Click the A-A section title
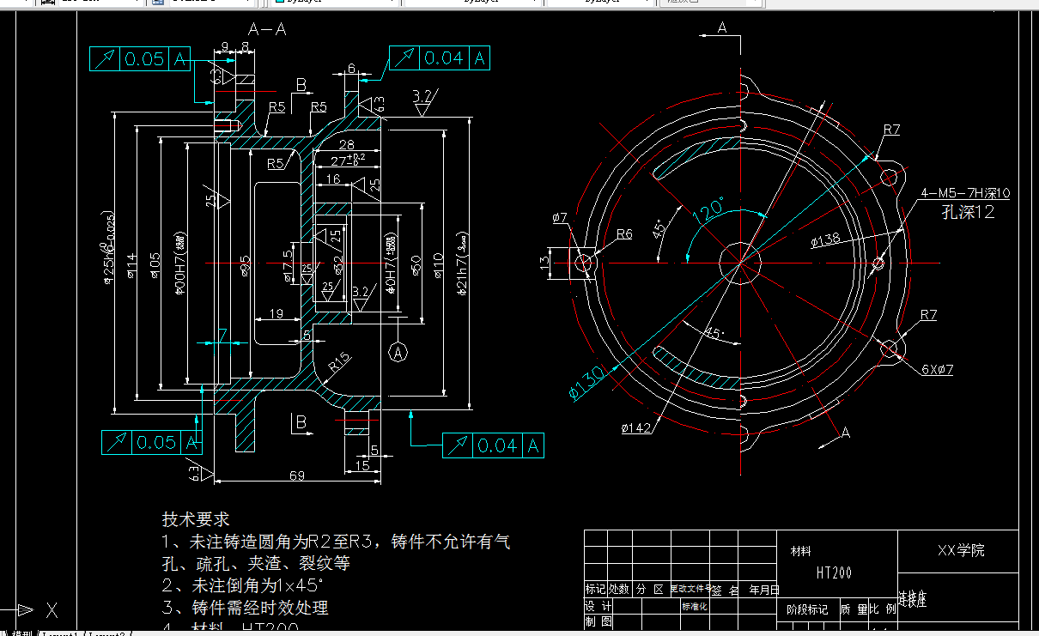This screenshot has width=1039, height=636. tap(266, 30)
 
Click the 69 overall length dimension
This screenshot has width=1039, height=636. tap(297, 475)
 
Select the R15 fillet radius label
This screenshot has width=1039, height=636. tap(339, 365)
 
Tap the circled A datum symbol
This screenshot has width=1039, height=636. tap(398, 351)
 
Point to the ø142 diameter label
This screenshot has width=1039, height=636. tap(636, 427)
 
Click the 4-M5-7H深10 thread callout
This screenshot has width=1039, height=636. tap(964, 193)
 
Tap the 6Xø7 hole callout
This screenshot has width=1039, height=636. tap(937, 369)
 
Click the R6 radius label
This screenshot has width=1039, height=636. tap(624, 233)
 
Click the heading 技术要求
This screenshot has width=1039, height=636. tap(196, 519)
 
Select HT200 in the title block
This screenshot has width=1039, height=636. tap(833, 572)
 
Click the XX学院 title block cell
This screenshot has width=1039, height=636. tap(961, 551)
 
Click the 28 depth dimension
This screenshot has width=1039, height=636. tap(347, 144)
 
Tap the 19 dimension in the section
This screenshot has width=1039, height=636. tap(276, 314)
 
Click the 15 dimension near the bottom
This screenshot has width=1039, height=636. tap(362, 464)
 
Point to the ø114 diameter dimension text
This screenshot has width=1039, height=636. tap(131, 267)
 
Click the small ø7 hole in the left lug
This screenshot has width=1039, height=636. tap(584, 262)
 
